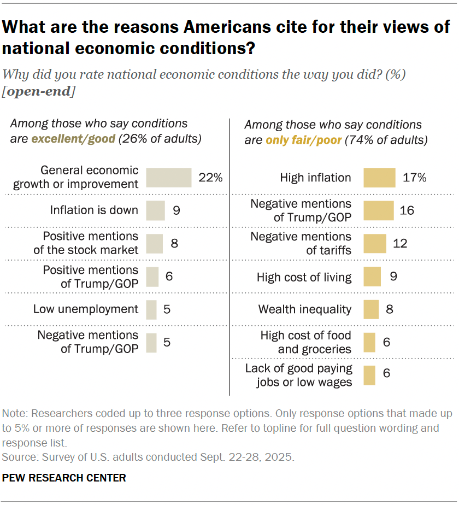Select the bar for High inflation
pyautogui.click(x=379, y=178)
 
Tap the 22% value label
pyautogui.click(x=211, y=178)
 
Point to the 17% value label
pyautogui.click(x=414, y=178)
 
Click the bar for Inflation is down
pyautogui.click(x=155, y=210)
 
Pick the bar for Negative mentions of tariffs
pyautogui.click(x=374, y=243)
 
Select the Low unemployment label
pyautogui.click(x=86, y=309)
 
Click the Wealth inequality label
pyautogui.click(x=305, y=309)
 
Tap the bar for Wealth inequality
pyautogui.click(x=371, y=309)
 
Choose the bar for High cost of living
pyautogui.click(x=372, y=277)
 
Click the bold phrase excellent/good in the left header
pyautogui.click(x=74, y=139)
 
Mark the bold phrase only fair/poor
pyautogui.click(x=303, y=140)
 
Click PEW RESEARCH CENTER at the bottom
pyautogui.click(x=64, y=478)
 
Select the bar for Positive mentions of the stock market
pyautogui.click(x=155, y=243)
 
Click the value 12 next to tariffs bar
pyautogui.click(x=400, y=243)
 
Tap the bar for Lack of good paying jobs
pyautogui.click(x=369, y=375)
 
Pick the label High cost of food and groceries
pyautogui.click(x=306, y=342)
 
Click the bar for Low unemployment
pyautogui.click(x=151, y=309)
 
